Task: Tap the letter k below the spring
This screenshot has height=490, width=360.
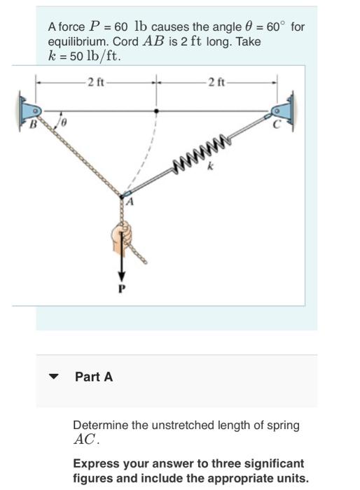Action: pos(208,168)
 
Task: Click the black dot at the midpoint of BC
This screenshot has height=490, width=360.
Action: pos(156,111)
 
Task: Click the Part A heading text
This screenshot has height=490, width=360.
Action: pos(94,377)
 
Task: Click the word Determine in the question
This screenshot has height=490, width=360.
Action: pos(99,425)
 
